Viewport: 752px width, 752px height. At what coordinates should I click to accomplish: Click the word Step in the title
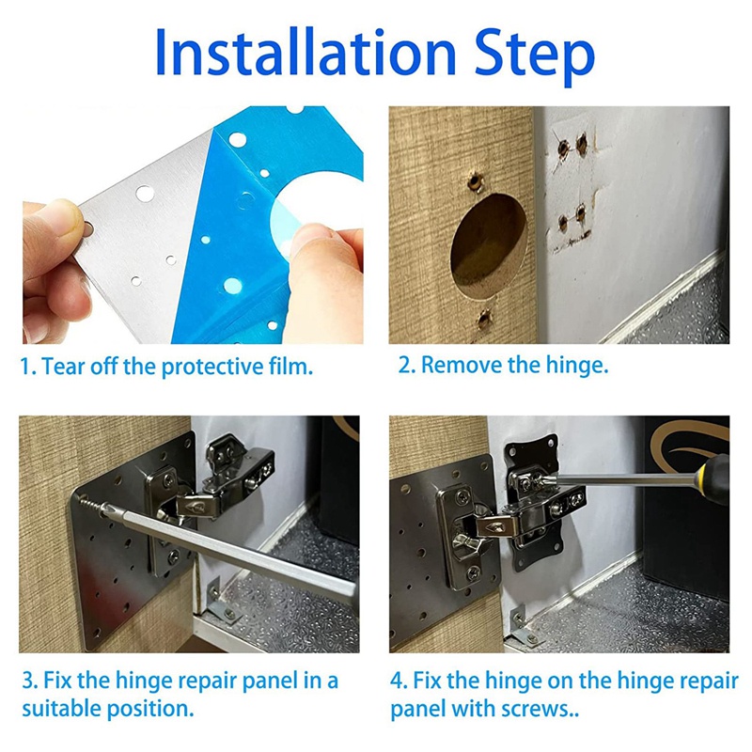tap(535, 56)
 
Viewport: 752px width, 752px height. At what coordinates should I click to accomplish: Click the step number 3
tap(28, 681)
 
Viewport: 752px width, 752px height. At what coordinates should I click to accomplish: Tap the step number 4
tap(397, 681)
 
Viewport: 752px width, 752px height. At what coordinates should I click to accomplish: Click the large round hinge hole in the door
tap(488, 244)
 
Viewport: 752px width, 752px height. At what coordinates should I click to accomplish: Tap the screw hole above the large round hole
tap(474, 181)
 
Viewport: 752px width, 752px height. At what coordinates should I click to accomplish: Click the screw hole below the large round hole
tap(484, 318)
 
